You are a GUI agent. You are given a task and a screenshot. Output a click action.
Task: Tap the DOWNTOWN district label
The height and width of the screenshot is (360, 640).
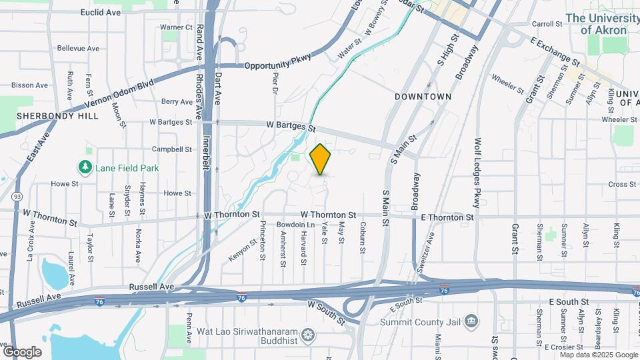coord(423,97)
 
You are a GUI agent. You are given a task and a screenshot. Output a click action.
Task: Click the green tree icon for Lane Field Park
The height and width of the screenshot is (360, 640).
coord(85,167)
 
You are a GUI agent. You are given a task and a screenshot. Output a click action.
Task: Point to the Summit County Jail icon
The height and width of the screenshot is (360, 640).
coord(471,322)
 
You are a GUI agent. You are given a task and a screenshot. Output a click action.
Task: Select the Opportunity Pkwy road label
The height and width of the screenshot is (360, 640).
coord(277,65)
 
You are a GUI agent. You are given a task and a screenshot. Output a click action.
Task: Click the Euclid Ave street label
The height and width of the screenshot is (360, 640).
coord(100,12)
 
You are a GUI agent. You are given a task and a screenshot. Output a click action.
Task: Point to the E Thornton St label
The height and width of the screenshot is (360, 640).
coord(447,217)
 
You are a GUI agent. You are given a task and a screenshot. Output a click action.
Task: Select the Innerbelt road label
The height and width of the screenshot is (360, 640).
coord(206,145)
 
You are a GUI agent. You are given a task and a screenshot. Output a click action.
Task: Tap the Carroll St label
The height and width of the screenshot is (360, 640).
coord(547,23)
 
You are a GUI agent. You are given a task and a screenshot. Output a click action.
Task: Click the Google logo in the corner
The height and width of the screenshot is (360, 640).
coord(22,351)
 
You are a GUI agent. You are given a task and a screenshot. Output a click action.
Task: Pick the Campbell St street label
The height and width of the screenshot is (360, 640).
coord(172,149)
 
